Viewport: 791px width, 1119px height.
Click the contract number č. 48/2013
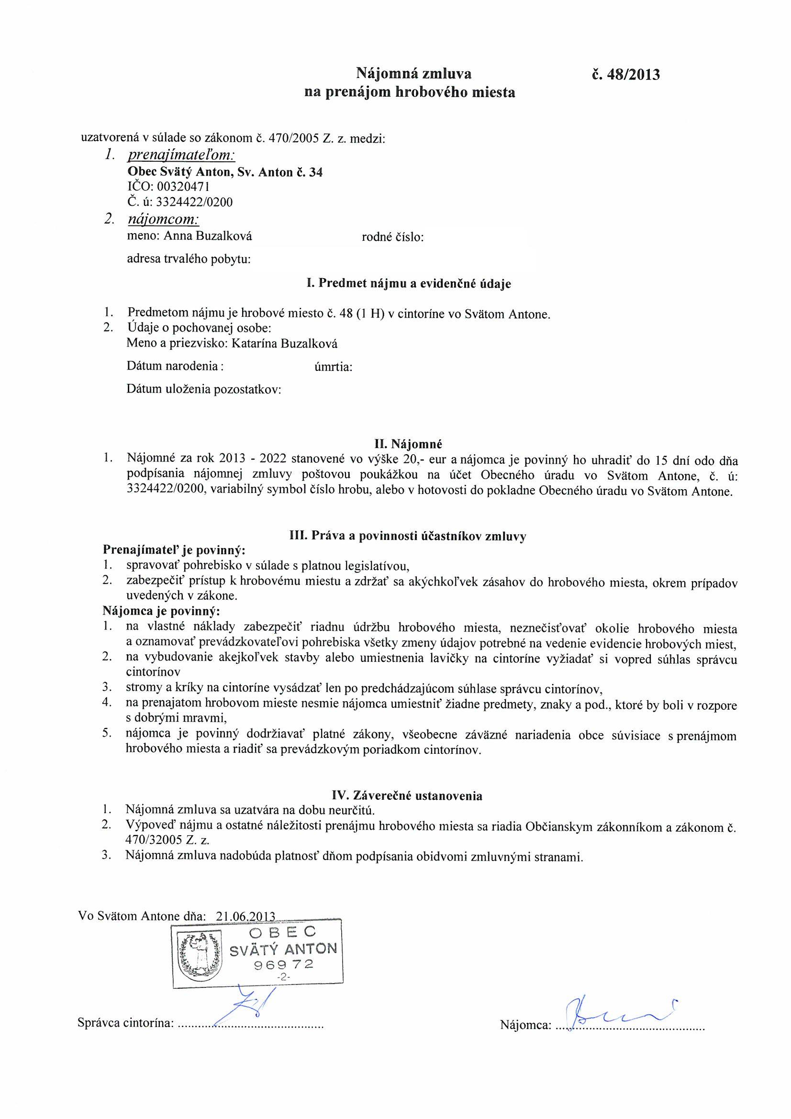625,75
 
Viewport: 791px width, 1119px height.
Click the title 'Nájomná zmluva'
414,74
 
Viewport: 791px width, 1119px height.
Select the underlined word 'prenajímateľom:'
181,156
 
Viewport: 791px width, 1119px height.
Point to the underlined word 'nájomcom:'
163,220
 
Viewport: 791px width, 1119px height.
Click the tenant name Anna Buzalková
208,236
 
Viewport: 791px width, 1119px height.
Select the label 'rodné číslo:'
393,237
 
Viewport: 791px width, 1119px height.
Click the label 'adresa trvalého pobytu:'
189,259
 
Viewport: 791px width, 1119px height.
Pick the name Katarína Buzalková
285,344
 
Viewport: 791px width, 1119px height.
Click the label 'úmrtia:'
334,367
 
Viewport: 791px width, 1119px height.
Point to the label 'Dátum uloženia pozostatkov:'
204,390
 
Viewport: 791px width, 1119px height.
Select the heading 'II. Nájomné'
408,444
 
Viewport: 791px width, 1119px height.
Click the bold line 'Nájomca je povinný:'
161,611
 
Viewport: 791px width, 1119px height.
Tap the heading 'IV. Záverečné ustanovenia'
407,796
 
